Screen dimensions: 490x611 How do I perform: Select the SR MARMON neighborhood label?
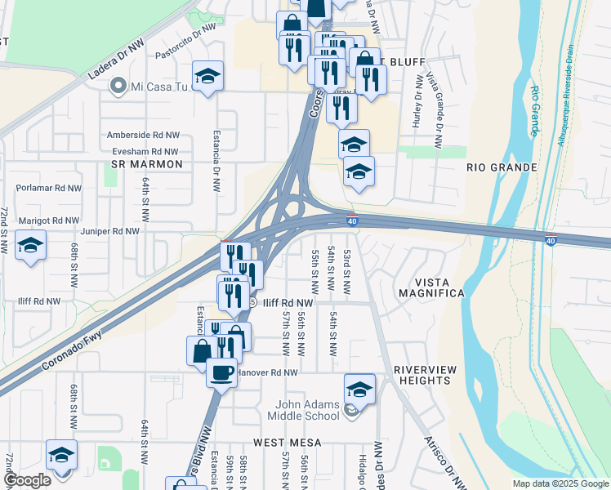[x=145, y=164]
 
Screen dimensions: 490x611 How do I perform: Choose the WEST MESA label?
[x=287, y=442]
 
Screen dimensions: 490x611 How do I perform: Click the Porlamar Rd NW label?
[x=48, y=188]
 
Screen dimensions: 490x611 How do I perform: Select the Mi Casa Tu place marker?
[x=119, y=85]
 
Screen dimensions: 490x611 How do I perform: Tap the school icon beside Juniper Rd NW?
[x=30, y=245]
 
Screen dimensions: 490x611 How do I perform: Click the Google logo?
[x=28, y=480]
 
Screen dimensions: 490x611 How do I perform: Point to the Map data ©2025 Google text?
[x=560, y=483]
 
